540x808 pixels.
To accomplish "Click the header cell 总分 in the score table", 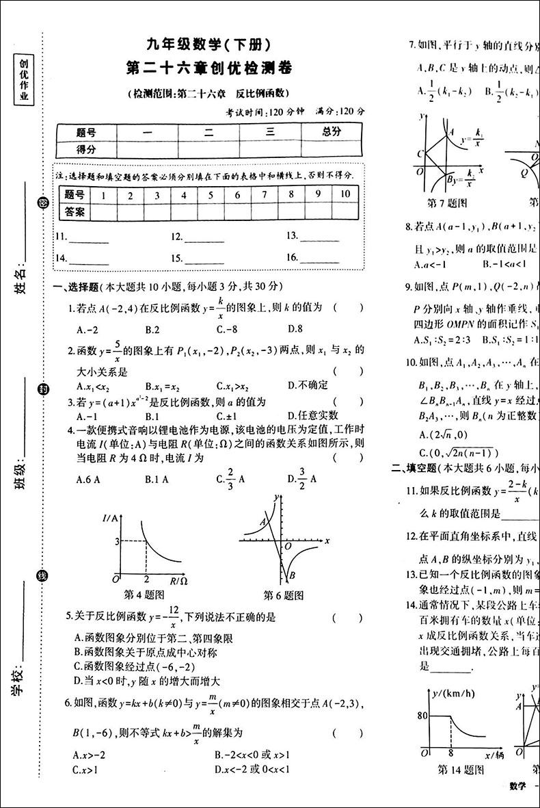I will click(x=332, y=132).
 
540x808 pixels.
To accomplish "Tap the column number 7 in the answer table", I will click(x=265, y=195).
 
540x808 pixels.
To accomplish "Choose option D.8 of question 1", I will click(x=295, y=328).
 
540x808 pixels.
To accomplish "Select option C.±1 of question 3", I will click(x=227, y=415).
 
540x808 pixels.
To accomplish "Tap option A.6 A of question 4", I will click(x=88, y=480).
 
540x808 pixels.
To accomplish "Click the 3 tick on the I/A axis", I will click(x=117, y=542).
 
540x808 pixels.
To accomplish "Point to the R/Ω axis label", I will click(x=178, y=582).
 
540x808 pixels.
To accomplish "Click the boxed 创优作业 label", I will click(x=24, y=80).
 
